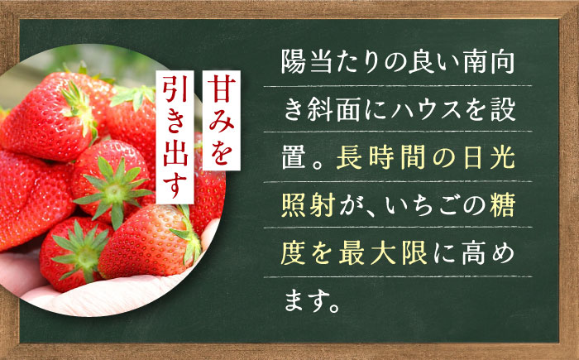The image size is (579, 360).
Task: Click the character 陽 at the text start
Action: click(x=294, y=63)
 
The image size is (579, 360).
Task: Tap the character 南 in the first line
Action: click(x=473, y=63)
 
